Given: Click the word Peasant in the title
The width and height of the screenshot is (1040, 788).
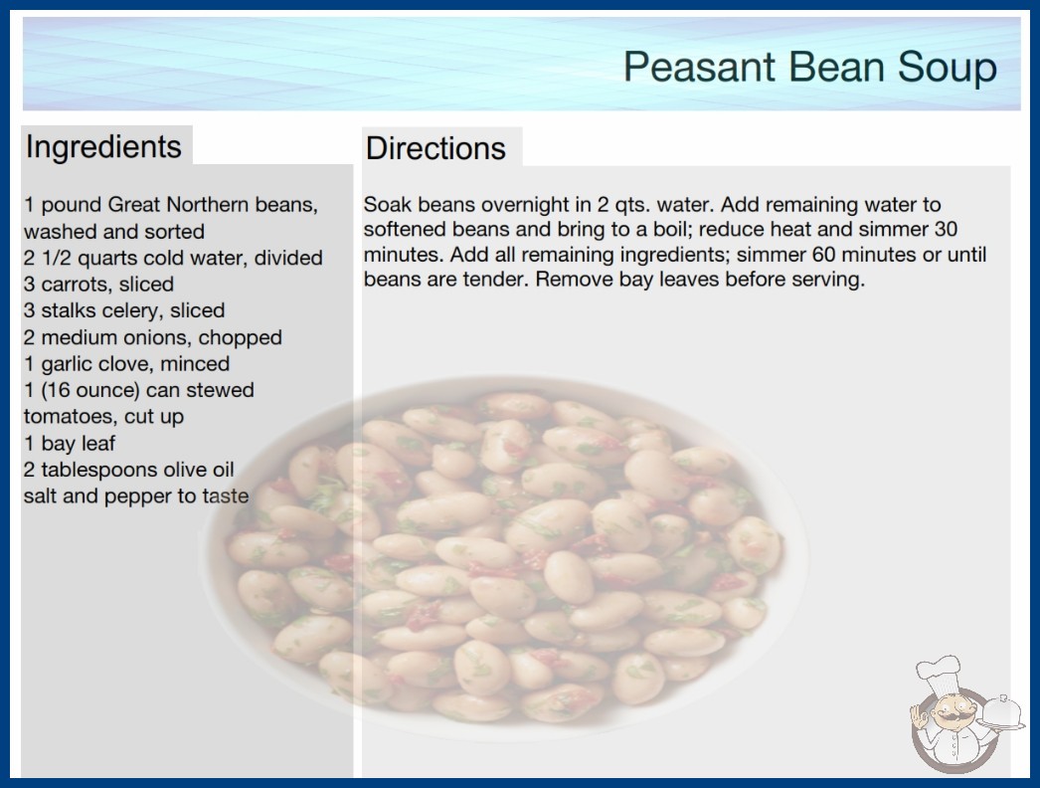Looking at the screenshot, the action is (x=699, y=67).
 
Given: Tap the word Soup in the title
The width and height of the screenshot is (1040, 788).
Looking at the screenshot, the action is (x=948, y=67).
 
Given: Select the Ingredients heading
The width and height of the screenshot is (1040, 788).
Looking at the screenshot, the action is (x=103, y=147).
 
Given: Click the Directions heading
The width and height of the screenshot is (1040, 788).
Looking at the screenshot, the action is (x=435, y=148).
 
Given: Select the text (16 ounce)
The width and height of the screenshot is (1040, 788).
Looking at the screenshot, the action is (x=90, y=390).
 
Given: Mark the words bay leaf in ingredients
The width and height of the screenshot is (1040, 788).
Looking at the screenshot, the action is (x=79, y=444).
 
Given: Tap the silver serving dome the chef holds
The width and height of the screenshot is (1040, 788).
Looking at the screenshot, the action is (x=1002, y=711).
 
